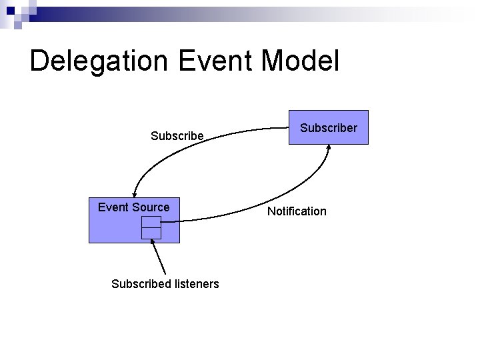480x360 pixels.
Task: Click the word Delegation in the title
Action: [98, 61]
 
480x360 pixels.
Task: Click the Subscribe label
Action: [177, 136]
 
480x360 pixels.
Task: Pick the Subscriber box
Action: [329, 127]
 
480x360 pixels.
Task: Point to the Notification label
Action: [297, 211]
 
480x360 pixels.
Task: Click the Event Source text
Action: [133, 207]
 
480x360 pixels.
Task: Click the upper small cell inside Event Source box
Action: [151, 223]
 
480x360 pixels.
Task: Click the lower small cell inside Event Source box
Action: [151, 233]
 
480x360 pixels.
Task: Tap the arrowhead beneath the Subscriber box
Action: [328, 148]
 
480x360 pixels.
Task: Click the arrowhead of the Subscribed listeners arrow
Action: [153, 242]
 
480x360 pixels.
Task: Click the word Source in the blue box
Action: [152, 207]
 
